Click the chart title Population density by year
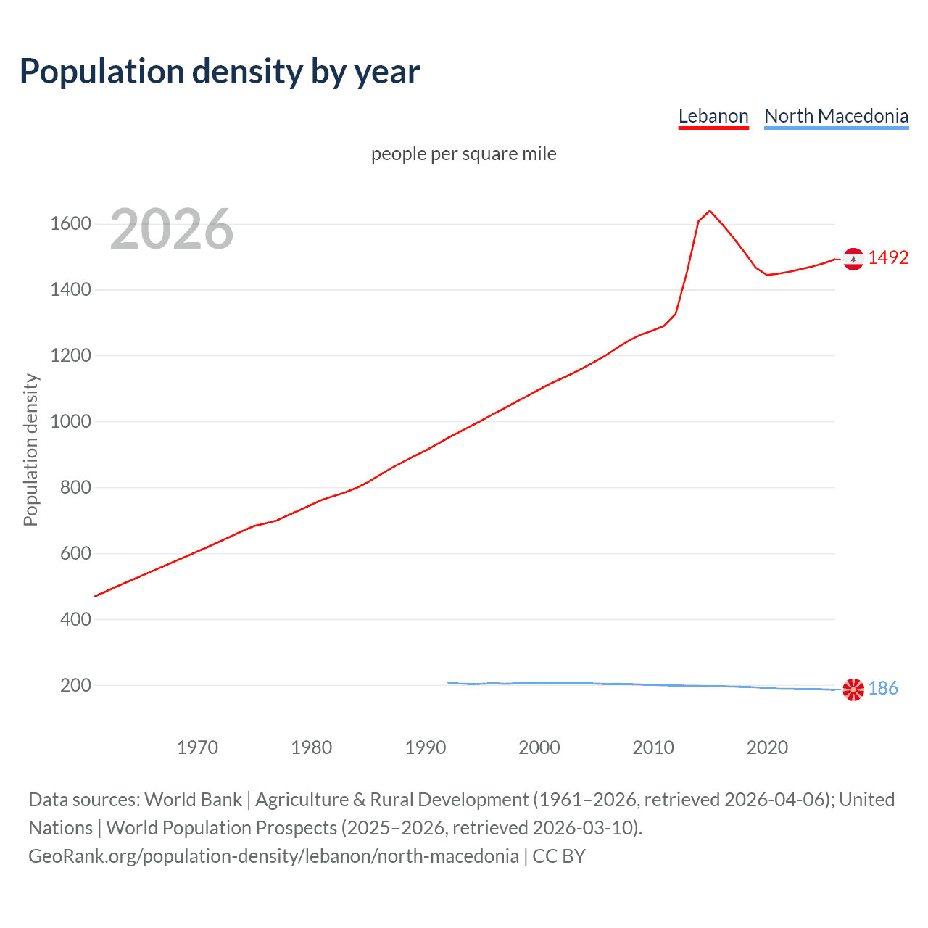pos(220,72)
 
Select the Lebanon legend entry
pos(713,116)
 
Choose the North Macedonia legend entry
pos(836,116)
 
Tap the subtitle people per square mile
pos(464,154)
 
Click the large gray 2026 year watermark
pos(172,229)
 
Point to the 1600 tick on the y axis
pos(70,223)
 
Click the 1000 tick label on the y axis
pos(70,421)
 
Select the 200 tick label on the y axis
pos(75,685)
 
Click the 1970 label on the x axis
pos(197,747)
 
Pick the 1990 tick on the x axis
pos(426,747)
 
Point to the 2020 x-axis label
pos(767,747)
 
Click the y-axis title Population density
pos(30,449)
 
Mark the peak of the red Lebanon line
pos(710,211)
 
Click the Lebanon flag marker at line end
pos(853,258)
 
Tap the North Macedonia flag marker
pos(853,689)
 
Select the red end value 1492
pos(888,258)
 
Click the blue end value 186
pos(883,689)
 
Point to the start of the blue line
pos(449,682)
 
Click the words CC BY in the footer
pos(559,856)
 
